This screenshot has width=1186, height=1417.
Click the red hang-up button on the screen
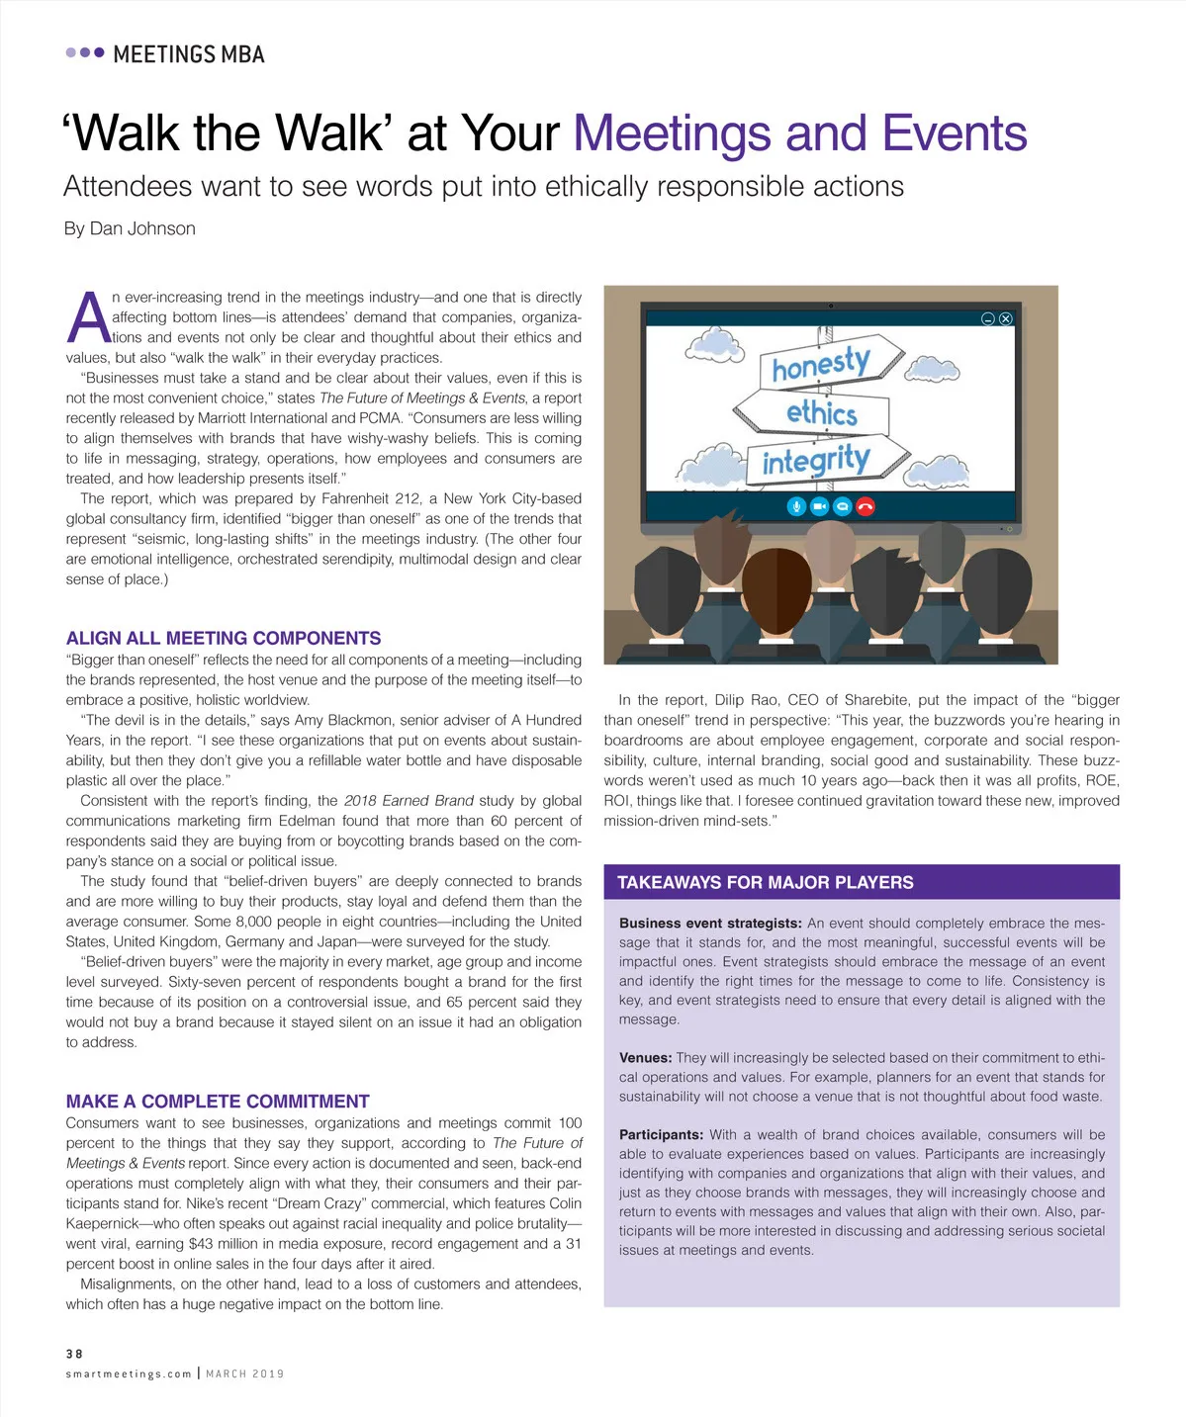click(866, 506)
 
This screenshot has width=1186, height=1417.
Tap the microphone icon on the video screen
click(796, 506)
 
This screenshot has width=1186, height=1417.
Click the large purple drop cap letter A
click(88, 318)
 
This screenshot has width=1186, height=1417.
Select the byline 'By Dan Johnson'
click(130, 228)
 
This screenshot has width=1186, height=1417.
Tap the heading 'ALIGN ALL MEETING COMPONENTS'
click(224, 638)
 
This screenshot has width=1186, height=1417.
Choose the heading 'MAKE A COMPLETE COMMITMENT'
click(218, 1101)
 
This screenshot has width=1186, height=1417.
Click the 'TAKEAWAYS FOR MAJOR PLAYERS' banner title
click(765, 882)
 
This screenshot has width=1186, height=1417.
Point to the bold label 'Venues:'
click(646, 1058)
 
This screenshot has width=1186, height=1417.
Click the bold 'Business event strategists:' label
click(710, 924)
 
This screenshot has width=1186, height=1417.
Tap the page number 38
click(74, 1354)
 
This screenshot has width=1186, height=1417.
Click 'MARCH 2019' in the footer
click(245, 1373)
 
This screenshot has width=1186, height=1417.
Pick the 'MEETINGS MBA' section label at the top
click(189, 54)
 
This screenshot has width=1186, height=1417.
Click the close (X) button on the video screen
click(1006, 318)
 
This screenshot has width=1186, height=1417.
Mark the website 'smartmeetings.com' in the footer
click(129, 1373)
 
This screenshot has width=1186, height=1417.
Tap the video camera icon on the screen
click(819, 506)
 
